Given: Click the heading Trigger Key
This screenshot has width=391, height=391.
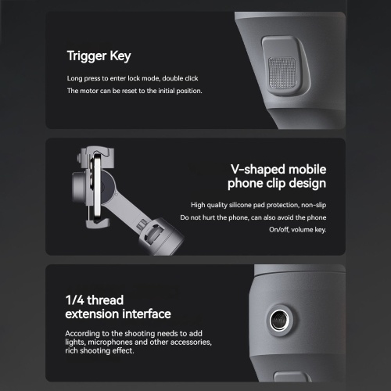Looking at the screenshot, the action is coord(99,56).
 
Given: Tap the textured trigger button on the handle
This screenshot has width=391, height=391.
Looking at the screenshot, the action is coord(282,73).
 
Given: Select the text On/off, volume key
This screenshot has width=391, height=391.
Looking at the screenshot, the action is coord(298,230).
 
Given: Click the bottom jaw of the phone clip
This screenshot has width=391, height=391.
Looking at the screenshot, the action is coord(98,223).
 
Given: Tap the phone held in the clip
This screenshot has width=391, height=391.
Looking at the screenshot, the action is coord(97,188).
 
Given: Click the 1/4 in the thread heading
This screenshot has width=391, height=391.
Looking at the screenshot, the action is coord(75,300).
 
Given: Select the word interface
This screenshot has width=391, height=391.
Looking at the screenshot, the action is coord(147,314).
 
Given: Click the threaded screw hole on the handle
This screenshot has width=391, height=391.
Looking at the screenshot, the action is coord(279,320).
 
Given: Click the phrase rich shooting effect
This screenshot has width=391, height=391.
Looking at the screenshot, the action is coord(99,350).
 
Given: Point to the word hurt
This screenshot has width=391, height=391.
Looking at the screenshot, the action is coord(209,217).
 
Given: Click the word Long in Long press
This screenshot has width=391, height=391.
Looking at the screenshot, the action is coord(74,78).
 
